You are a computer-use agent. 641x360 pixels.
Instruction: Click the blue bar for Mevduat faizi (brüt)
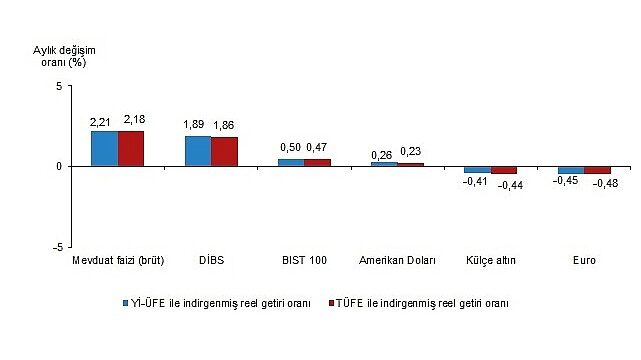point(105,148)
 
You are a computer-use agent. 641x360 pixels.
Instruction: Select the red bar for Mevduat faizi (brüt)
point(131,148)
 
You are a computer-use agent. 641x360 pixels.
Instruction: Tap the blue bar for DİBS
point(198,151)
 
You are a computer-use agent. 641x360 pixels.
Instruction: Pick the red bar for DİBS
point(224,151)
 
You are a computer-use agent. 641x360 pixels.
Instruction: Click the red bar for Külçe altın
point(504,170)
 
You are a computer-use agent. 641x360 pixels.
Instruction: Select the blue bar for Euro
point(571,170)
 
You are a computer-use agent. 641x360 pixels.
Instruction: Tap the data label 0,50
point(290,149)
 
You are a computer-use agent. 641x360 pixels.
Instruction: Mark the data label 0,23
point(410,151)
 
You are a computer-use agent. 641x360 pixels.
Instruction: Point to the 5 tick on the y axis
point(59,86)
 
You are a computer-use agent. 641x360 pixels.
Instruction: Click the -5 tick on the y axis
point(57,246)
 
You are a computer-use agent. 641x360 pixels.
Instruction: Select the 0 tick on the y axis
point(59,166)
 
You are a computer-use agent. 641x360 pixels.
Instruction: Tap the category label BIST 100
point(304,261)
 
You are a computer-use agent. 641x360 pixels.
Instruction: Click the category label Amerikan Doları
point(397,261)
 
